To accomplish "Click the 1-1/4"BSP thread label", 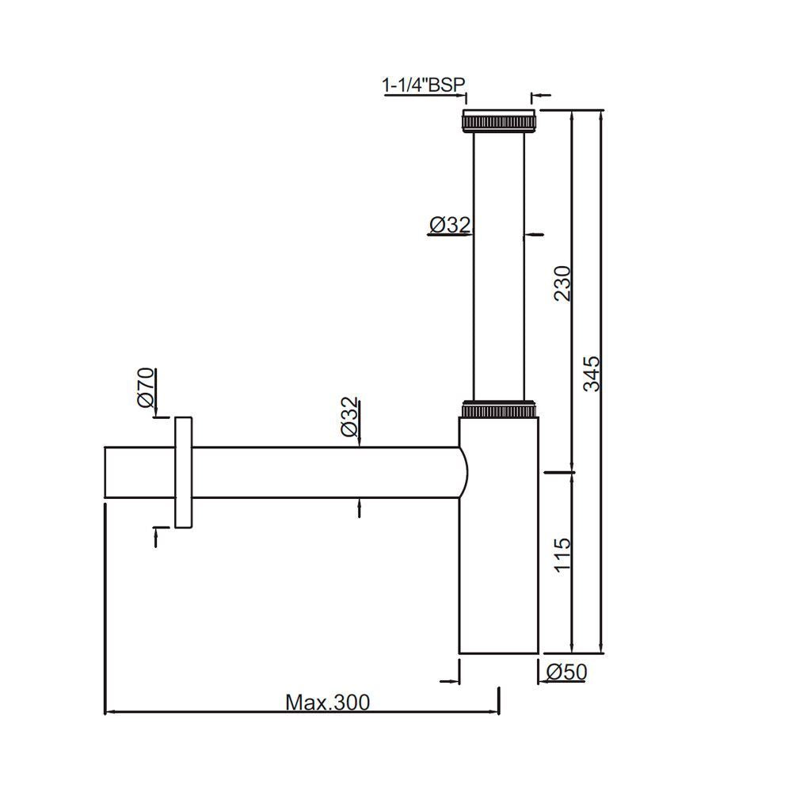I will pos(424,85).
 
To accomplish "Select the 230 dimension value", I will pos(562,283).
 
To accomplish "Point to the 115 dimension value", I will pos(562,554).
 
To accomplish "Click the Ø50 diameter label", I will pos(567,672).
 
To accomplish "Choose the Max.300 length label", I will pos(327,702).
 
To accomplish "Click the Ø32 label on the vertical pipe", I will pos(449,226).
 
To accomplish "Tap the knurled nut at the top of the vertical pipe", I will pos(499,122).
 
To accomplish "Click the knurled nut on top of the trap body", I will pos(499,409).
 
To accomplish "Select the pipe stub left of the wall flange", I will pos(139,473).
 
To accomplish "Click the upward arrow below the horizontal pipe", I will pos(359,508).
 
